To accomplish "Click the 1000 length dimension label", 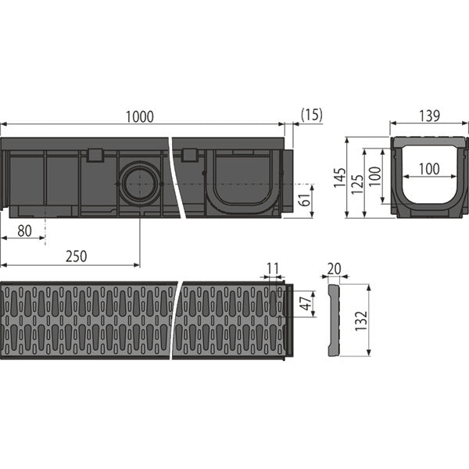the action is [x=139, y=116].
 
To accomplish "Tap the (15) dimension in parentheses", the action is [x=312, y=115].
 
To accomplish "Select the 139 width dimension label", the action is [x=429, y=116].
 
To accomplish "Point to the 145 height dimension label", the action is [x=340, y=177].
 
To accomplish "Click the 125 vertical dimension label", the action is [x=357, y=183].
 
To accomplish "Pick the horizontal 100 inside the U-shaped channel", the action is [x=429, y=169].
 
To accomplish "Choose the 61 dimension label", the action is [x=305, y=200].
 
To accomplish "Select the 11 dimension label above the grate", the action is [x=273, y=269].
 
